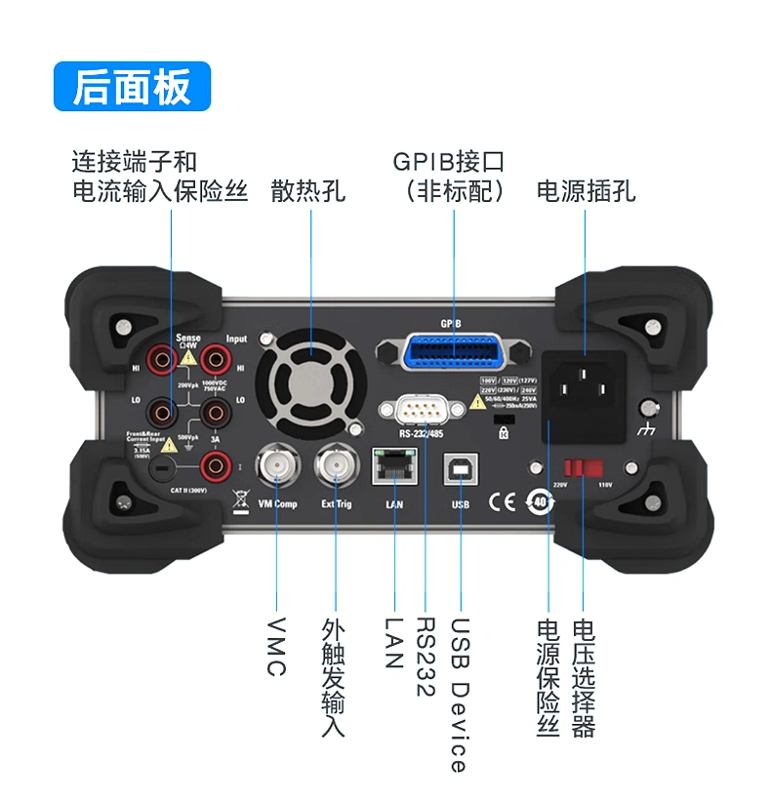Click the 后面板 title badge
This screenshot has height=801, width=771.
pyautogui.click(x=132, y=87)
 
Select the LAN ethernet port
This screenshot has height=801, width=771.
pyautogui.click(x=393, y=467)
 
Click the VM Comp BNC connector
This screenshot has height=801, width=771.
pyautogui.click(x=276, y=468)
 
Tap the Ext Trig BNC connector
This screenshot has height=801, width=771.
pyautogui.click(x=336, y=468)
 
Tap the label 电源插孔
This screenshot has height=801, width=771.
pyautogui.click(x=587, y=190)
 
